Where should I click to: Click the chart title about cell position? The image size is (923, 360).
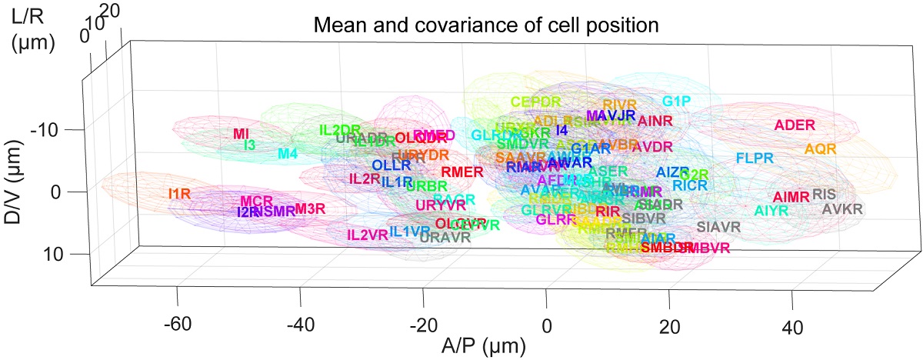pos(487,27)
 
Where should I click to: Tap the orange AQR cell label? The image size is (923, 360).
pos(820,148)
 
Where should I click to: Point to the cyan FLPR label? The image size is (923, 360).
pos(755,158)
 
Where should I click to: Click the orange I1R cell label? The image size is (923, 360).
pos(178,193)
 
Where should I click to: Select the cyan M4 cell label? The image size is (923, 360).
pos(288,154)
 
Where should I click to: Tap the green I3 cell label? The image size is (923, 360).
pos(249,145)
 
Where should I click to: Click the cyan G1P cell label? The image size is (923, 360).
pos(677,102)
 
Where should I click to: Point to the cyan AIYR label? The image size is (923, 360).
pos(771,210)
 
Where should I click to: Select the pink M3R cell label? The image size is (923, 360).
pos(310,208)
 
